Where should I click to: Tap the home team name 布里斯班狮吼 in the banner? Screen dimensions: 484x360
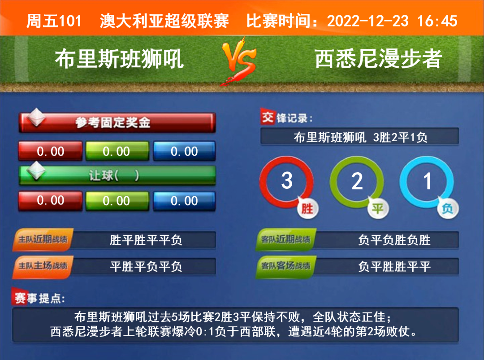click(x=120, y=59)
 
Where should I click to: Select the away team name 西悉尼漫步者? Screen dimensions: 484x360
click(x=379, y=59)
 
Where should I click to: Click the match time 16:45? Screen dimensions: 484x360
click(x=437, y=21)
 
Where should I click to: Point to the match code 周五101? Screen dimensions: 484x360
click(x=54, y=21)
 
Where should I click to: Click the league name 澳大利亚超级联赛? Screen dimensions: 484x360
click(x=164, y=21)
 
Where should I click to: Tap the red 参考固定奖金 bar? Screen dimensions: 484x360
click(x=117, y=122)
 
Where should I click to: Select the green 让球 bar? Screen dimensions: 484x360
click(x=117, y=175)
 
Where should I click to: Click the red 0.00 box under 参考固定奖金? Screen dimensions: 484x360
click(x=50, y=151)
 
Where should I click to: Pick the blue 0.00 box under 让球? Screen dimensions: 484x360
click(x=184, y=201)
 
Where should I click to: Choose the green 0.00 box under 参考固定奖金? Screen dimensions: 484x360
click(x=117, y=151)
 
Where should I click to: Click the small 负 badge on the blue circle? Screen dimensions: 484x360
click(x=448, y=209)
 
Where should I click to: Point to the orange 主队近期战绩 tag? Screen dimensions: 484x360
click(x=43, y=239)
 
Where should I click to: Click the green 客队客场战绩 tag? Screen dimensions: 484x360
click(x=286, y=266)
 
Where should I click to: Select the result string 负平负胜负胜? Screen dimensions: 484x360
click(x=394, y=240)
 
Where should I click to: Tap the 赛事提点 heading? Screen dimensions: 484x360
click(x=38, y=298)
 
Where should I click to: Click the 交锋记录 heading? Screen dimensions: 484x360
click(x=286, y=117)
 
